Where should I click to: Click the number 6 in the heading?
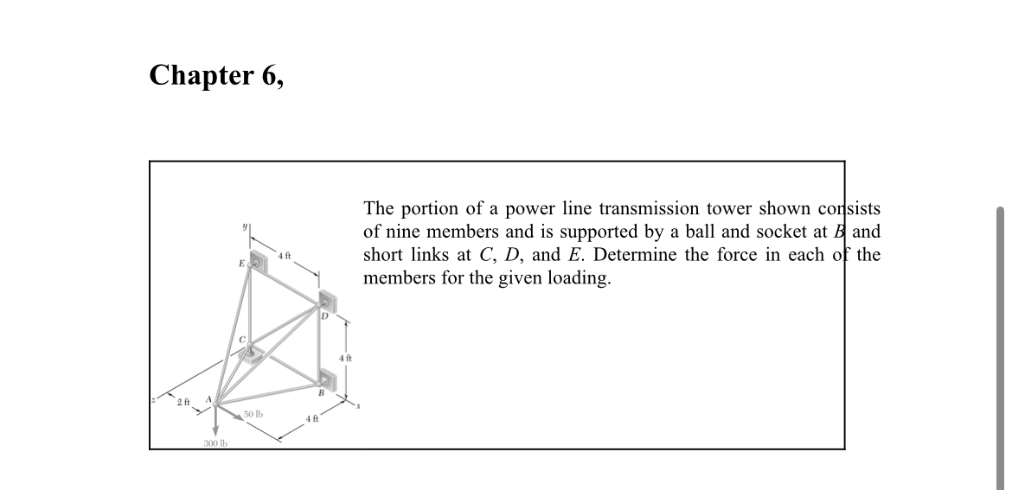(268, 76)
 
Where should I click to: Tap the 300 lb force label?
(215, 443)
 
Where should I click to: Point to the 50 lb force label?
(254, 416)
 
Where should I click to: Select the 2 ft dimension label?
(182, 403)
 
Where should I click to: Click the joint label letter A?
(208, 399)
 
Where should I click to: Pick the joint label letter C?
(244, 340)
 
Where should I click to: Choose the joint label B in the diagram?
(321, 393)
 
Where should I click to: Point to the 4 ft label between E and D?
(285, 253)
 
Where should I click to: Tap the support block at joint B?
(328, 379)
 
